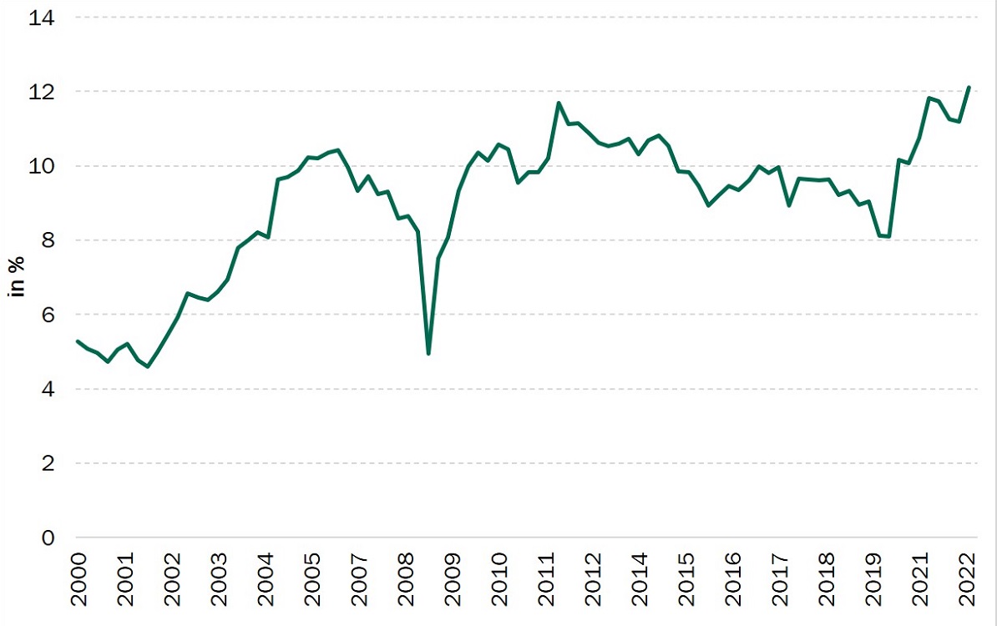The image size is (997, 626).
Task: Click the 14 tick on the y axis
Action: pos(42,18)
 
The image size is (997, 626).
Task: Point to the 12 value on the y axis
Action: pos(42,92)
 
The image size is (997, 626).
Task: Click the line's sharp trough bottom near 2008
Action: pos(428,354)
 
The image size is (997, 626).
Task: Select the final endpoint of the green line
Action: pos(969,87)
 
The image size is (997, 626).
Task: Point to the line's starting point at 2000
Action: pos(77,341)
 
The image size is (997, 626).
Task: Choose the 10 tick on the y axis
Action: pos(42,166)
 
